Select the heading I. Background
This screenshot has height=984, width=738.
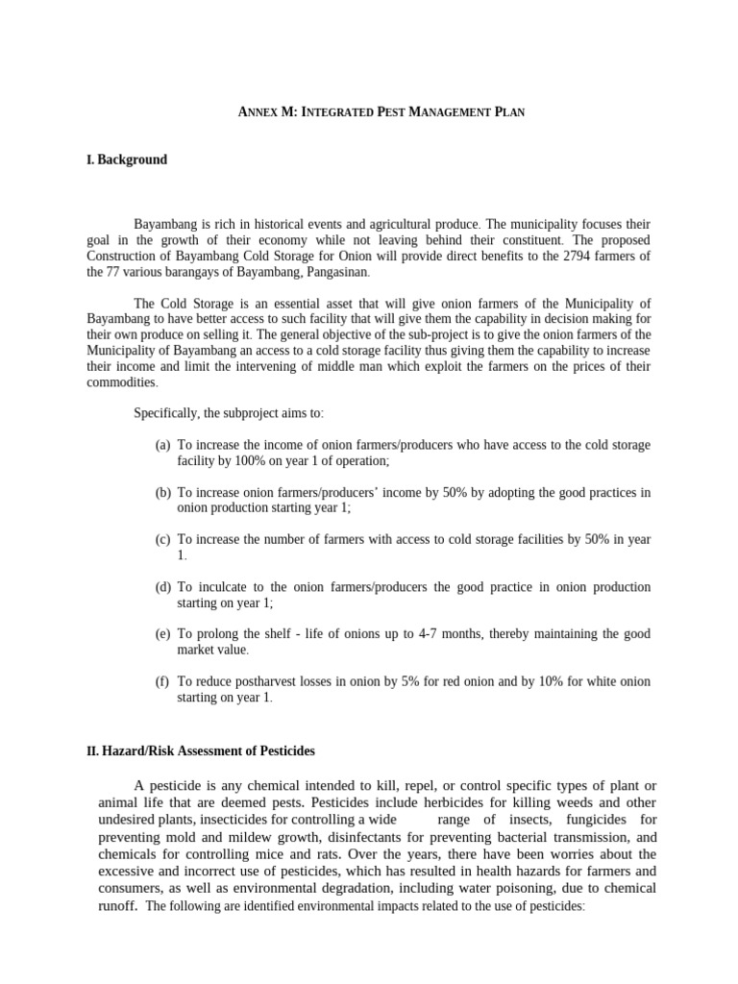[x=127, y=160]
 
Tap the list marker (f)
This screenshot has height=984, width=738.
[x=162, y=681]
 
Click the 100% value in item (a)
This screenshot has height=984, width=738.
[x=248, y=460]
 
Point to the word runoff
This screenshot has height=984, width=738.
[x=117, y=905]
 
